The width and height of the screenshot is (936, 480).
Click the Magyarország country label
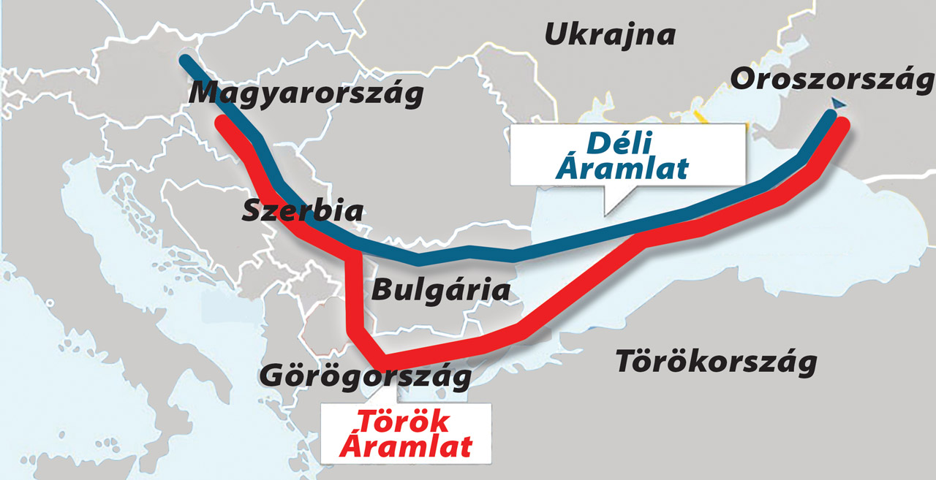click(306, 94)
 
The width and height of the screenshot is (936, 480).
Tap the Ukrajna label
click(610, 34)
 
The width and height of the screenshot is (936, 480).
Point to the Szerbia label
click(302, 211)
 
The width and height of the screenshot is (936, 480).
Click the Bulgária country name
click(441, 289)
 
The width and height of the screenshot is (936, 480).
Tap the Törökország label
click(715, 362)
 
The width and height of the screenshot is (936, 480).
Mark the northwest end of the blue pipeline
click(187, 60)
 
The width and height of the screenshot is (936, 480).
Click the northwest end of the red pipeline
click(220, 121)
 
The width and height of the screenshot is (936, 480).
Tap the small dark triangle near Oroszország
click(832, 104)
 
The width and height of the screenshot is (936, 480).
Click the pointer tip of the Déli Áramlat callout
click(605, 213)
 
